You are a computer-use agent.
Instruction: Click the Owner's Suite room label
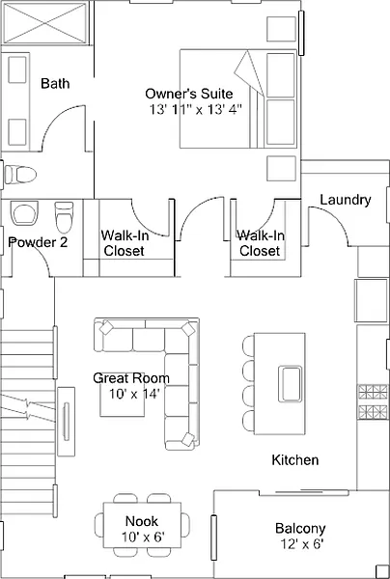188,94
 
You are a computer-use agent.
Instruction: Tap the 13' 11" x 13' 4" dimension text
196,110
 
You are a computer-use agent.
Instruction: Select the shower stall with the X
45,23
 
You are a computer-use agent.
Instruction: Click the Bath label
55,83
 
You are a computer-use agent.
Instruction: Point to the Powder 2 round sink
24,212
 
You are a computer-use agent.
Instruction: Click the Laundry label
346,200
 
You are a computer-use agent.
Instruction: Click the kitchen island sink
291,384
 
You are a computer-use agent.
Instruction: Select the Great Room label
131,378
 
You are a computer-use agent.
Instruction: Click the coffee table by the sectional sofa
122,395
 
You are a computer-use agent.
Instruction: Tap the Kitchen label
295,460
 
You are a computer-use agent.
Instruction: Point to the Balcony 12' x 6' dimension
302,543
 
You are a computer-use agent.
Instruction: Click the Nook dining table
142,525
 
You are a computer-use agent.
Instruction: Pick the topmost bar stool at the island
248,346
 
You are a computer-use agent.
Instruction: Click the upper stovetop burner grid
372,392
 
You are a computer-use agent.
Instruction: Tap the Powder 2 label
38,242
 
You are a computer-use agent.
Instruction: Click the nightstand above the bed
282,29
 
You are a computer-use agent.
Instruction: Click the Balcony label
300,529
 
